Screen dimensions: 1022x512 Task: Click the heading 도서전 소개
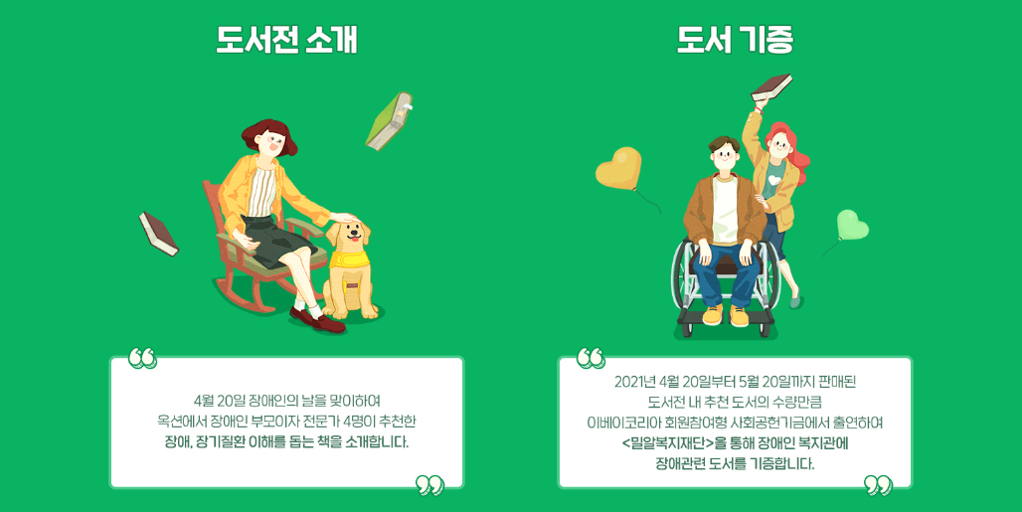(286, 40)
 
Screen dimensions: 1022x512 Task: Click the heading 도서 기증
(735, 40)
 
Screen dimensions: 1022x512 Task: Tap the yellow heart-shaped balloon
(618, 167)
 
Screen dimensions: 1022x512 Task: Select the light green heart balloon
(852, 225)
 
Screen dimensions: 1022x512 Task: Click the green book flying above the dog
(389, 122)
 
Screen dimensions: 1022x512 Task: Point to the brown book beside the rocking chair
(158, 234)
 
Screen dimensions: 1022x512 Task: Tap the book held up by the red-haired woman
(771, 87)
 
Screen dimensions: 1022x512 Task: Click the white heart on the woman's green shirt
(773, 179)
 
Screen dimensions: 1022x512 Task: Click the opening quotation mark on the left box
(142, 358)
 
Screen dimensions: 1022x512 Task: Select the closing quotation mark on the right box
(878, 484)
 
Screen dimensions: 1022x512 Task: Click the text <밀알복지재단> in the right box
(667, 443)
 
